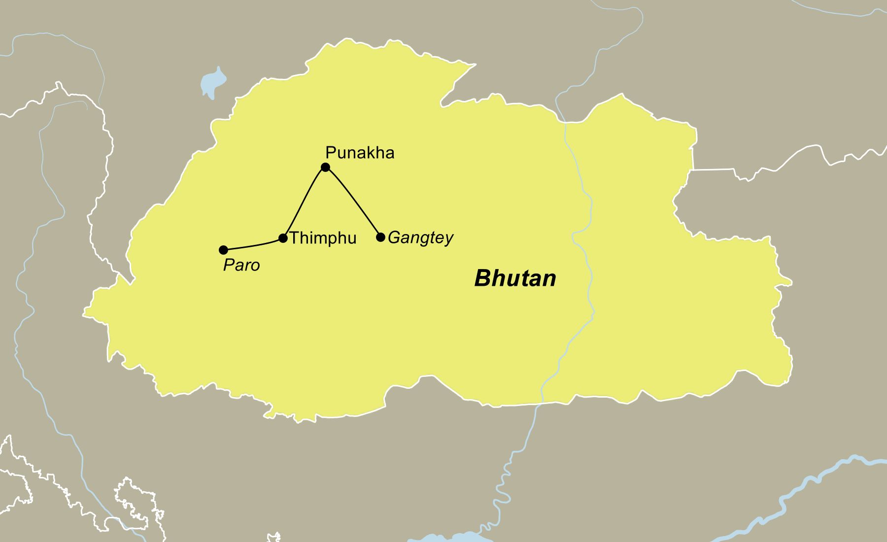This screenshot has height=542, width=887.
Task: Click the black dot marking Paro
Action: pos(223,250)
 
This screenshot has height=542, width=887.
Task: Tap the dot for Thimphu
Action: pos(283,238)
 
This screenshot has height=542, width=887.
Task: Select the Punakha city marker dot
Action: pos(325,168)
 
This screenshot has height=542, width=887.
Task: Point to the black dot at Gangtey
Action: pos(380,237)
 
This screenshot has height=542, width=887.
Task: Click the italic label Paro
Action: pos(241,266)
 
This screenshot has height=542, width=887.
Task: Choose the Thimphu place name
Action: pos(323,238)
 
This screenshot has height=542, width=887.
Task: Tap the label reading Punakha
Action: pos(360,153)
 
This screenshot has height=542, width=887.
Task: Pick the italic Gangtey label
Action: pos(420,238)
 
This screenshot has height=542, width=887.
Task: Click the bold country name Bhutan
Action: pos(515,278)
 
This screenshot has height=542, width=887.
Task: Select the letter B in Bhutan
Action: pos(481,278)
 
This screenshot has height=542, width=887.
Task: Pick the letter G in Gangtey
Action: pos(394,238)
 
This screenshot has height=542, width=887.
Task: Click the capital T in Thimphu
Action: pos(295,238)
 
